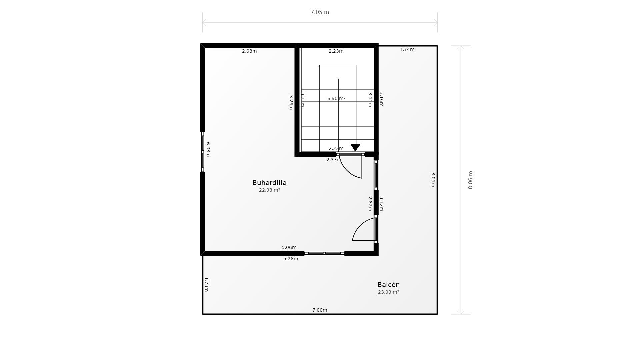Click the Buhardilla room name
tap(269, 183)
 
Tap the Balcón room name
tap(388, 285)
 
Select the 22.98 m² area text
tap(269, 190)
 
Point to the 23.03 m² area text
tap(388, 292)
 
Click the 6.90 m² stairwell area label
tap(336, 98)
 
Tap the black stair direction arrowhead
tap(355, 147)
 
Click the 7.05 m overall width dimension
tap(320, 12)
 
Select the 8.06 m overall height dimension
tap(470, 180)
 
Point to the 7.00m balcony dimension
tap(319, 310)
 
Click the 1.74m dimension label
tap(407, 50)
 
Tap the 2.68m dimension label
tap(249, 51)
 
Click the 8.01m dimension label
tap(433, 180)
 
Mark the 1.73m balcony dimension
tap(206, 284)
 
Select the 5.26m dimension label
tap(291, 259)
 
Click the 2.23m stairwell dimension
tap(336, 51)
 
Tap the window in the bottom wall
tap(324, 253)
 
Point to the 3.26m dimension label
tap(291, 102)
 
